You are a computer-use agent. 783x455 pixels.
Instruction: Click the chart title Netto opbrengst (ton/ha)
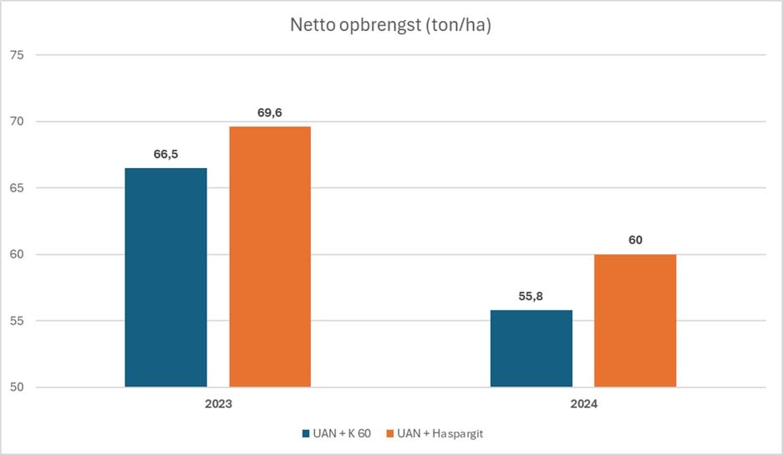(391, 25)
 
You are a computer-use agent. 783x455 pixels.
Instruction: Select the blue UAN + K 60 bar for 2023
(165, 277)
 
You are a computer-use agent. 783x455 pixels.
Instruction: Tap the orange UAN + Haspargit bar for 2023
(270, 256)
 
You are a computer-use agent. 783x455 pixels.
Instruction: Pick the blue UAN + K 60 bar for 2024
(531, 348)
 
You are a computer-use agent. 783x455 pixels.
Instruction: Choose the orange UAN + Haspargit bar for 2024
(635, 320)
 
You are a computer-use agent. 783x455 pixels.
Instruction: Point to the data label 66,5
(165, 154)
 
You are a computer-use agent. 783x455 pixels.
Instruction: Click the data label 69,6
(270, 112)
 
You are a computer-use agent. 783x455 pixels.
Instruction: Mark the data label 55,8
(531, 296)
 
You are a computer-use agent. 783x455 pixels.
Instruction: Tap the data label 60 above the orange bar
(635, 240)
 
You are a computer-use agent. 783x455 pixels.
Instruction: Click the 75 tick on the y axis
(18, 55)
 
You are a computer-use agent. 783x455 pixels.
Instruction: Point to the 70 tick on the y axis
(18, 121)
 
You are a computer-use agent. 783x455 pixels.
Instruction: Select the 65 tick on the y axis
(18, 188)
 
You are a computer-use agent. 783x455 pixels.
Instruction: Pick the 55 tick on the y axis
(18, 321)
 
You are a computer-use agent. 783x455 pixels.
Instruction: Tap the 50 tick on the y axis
(18, 387)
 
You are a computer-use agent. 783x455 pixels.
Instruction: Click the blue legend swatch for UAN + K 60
(305, 434)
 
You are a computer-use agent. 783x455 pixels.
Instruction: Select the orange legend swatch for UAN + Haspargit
(389, 434)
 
